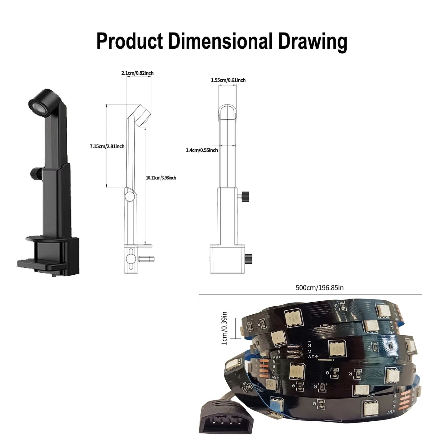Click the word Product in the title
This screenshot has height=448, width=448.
[x=130, y=41]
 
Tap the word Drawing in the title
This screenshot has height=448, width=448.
[x=313, y=41]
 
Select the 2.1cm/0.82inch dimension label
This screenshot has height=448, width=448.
[x=137, y=73]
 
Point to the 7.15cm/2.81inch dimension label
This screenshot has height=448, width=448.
[x=107, y=146]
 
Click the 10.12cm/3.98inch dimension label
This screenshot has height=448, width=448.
[x=161, y=178]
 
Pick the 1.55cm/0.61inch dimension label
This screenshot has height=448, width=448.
[x=228, y=80]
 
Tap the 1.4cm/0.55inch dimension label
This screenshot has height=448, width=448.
[x=202, y=150]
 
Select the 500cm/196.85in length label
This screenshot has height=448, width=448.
[x=319, y=288]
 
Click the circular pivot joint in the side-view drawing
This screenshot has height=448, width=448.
[x=130, y=196]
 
